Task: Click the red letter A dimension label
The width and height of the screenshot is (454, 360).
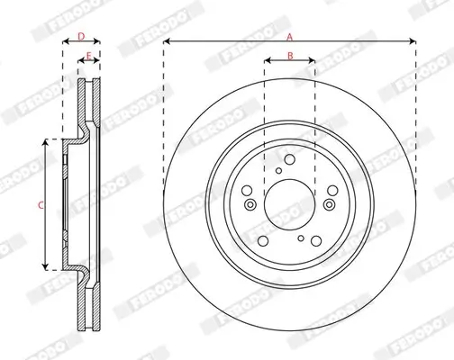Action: [289, 37]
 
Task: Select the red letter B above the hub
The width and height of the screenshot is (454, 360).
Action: [290, 56]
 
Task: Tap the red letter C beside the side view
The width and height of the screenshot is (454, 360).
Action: [41, 205]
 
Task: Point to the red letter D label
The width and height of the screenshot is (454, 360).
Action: [81, 37]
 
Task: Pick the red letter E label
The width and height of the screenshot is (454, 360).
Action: [88, 56]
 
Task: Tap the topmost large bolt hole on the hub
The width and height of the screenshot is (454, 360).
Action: [290, 159]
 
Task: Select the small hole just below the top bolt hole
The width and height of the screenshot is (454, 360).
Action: [279, 171]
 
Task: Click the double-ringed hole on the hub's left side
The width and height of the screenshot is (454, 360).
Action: [250, 204]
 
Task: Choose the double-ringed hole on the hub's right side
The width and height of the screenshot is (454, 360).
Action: [330, 204]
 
